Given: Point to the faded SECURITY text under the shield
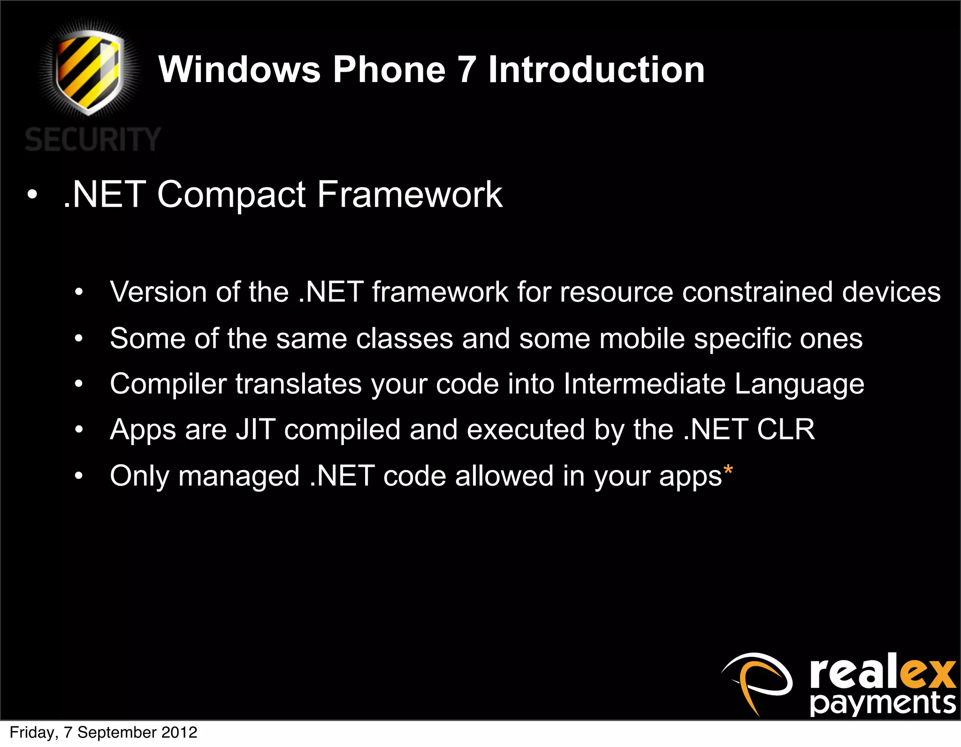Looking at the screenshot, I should pos(93,139).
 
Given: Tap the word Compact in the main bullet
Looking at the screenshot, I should pos(231,195).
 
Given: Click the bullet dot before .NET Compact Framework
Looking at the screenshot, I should pos(32,195).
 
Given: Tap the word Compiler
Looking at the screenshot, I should pos(168,385).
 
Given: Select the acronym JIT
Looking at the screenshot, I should pos(255,430).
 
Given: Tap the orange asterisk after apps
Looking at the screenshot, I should pos(728,470).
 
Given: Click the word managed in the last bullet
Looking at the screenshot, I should pos(239,476).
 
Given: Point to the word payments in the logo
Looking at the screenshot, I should pos(883,703).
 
